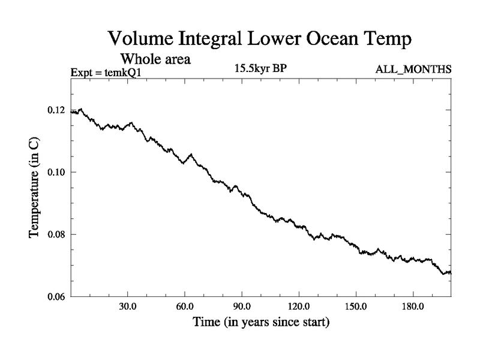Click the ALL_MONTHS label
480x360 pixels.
click(x=413, y=70)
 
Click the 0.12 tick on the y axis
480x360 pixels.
click(x=57, y=110)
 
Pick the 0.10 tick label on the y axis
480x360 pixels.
click(x=57, y=172)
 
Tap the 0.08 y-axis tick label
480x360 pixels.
click(x=57, y=234)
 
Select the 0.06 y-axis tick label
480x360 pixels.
click(x=57, y=296)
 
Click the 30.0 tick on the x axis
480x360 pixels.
click(x=127, y=307)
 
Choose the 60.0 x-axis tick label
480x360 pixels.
click(x=184, y=307)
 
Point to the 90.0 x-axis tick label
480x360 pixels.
click(x=242, y=307)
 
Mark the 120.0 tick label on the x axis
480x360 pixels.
click(x=299, y=307)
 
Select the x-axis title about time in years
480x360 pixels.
click(x=261, y=323)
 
